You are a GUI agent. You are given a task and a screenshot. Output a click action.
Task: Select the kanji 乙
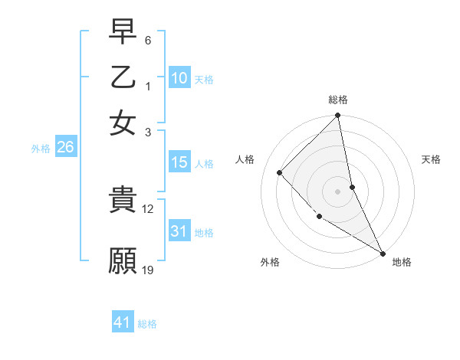(123, 77)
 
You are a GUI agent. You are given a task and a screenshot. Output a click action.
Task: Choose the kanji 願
(123, 260)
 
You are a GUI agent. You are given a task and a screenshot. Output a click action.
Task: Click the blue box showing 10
(179, 78)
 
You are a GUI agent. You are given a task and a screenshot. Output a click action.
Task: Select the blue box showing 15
(179, 162)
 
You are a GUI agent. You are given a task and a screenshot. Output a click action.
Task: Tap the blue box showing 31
(179, 231)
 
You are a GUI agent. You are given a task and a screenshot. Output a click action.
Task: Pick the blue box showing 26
(65, 148)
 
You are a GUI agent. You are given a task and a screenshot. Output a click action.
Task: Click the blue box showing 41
(123, 322)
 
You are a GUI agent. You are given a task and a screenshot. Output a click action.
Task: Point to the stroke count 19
(148, 270)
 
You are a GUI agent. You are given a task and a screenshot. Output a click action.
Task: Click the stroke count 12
(148, 208)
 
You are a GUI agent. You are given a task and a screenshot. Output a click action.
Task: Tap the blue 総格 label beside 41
(147, 324)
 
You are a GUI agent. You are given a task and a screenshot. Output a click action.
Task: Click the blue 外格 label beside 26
(40, 149)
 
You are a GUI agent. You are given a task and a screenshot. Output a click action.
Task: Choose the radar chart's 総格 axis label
(337, 100)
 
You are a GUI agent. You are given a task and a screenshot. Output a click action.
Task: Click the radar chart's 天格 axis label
(432, 159)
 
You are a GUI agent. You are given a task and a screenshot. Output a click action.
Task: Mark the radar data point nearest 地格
(383, 253)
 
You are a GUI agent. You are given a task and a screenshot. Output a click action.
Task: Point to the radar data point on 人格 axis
(280, 172)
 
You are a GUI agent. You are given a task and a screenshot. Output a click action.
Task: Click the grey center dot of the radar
(337, 191)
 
